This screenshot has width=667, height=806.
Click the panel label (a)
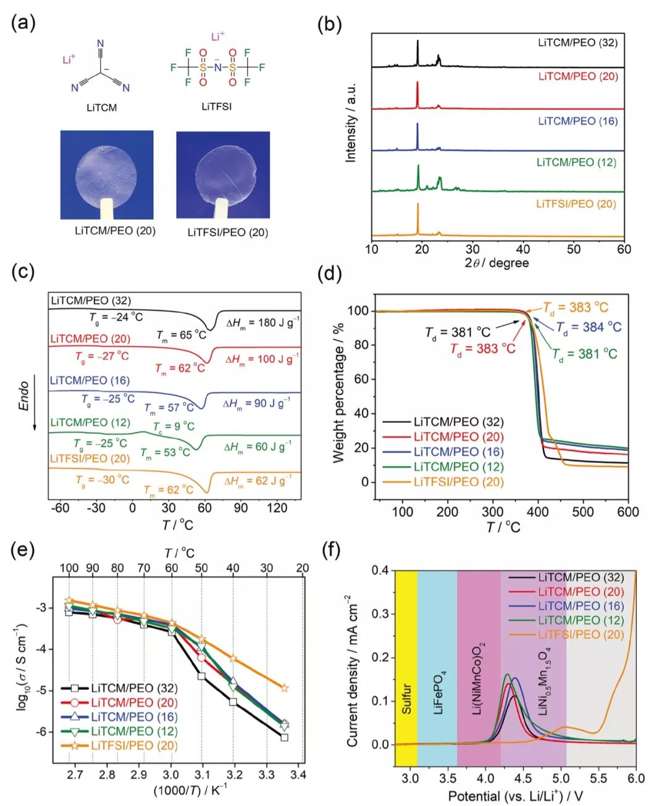tap(23, 23)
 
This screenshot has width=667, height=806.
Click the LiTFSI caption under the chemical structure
tap(216, 106)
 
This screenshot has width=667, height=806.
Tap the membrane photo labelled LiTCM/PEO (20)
tap(107, 175)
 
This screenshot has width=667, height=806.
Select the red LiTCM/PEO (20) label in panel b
tap(577, 77)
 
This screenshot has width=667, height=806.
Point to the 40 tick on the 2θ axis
tap(523, 249)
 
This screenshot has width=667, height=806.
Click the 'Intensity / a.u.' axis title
tap(351, 122)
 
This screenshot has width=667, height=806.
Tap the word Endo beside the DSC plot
tap(24, 396)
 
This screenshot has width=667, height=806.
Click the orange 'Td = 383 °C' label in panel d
tap(575, 307)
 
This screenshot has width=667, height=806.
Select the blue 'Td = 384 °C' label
tap(588, 327)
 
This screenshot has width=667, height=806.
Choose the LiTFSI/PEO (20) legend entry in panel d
tap(458, 482)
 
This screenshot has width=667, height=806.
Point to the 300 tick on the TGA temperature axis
tap(492, 512)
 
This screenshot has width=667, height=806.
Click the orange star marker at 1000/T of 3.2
tap(233, 659)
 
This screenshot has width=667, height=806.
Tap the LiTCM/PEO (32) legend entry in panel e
tap(134, 688)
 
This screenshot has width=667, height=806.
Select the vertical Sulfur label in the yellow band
tap(406, 699)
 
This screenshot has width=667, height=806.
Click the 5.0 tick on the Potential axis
tap(561, 778)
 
